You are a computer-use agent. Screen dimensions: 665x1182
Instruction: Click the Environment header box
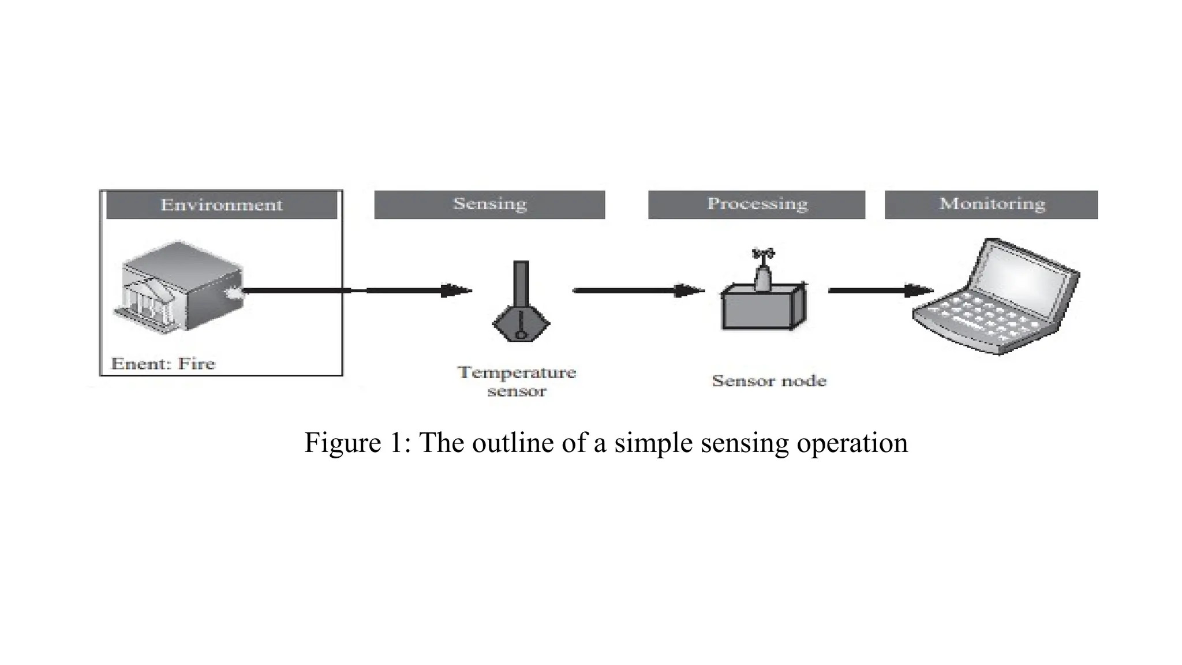(221, 205)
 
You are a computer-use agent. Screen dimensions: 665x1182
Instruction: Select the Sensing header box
(489, 204)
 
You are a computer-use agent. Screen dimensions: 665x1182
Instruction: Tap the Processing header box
(756, 204)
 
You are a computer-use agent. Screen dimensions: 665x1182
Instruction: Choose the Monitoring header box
(991, 204)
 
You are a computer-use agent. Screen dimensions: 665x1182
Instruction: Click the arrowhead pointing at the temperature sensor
(456, 290)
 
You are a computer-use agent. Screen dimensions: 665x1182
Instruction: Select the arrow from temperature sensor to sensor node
(638, 290)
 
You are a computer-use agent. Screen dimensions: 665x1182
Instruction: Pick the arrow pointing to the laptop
(880, 290)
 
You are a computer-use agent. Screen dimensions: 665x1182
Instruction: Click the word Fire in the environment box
(196, 364)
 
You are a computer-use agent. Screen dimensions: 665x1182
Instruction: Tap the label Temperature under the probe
(517, 372)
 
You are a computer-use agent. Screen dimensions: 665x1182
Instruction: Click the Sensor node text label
(769, 381)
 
